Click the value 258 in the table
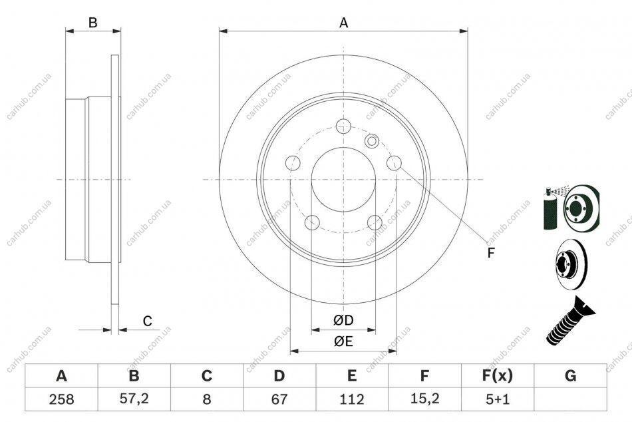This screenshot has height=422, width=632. pyautogui.click(x=62, y=399)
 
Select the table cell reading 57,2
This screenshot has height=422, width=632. pyautogui.click(x=134, y=399)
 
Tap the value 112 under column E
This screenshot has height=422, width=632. pyautogui.click(x=352, y=399)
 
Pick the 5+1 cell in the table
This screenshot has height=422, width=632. pyautogui.click(x=498, y=399)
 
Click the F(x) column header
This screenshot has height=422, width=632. pyautogui.click(x=498, y=375)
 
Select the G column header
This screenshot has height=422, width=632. pyautogui.click(x=570, y=375)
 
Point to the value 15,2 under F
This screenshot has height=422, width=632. pyautogui.click(x=424, y=399)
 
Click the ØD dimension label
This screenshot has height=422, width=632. pyautogui.click(x=343, y=320)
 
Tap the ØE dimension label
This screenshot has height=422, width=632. pyautogui.click(x=343, y=341)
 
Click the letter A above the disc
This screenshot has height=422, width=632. pyautogui.click(x=343, y=23)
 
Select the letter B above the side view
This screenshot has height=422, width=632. pyautogui.click(x=92, y=23)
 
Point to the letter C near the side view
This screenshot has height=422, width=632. pyautogui.click(x=148, y=321)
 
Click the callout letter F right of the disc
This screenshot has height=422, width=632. pyautogui.click(x=490, y=253)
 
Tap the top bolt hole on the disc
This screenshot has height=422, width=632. pyautogui.click(x=343, y=126)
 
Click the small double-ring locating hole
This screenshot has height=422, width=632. pyautogui.click(x=372, y=141)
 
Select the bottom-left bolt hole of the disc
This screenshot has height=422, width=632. pyautogui.click(x=313, y=222)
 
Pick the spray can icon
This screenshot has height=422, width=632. pyautogui.click(x=550, y=208)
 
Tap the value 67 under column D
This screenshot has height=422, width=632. pyautogui.click(x=279, y=399)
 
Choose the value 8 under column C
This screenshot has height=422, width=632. pyautogui.click(x=207, y=399)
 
